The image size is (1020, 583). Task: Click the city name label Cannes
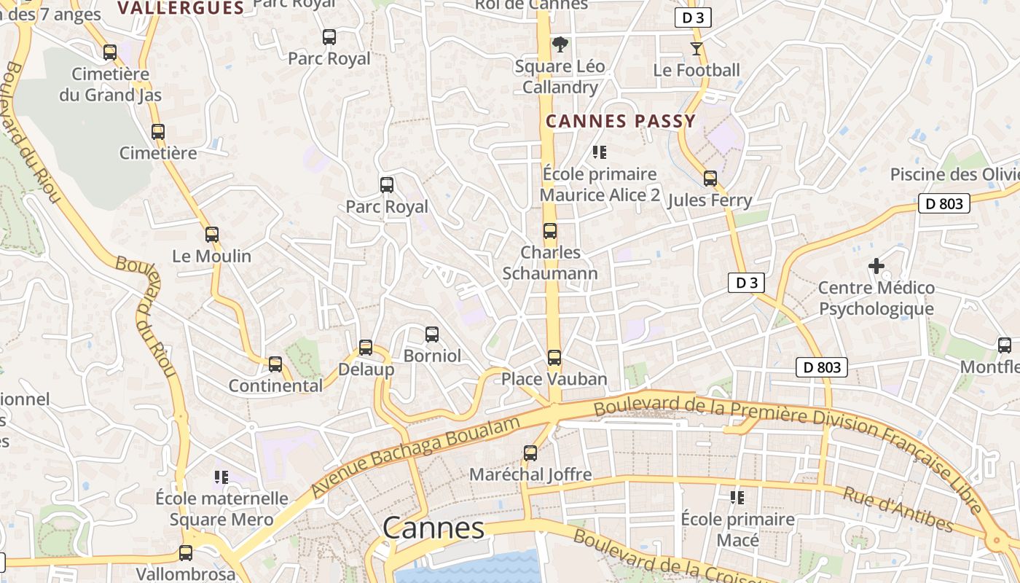click(433, 528)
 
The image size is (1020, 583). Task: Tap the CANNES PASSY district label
click(621, 122)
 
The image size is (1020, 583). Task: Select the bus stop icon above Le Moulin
click(212, 235)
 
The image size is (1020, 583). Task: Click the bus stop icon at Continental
click(275, 364)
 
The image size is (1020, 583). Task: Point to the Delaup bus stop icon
click(366, 348)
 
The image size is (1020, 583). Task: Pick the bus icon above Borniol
click(432, 334)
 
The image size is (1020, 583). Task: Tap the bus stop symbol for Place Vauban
click(554, 358)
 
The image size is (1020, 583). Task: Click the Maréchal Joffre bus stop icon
click(530, 453)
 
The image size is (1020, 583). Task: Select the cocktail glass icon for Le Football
click(697, 49)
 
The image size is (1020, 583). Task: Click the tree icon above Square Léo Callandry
click(560, 44)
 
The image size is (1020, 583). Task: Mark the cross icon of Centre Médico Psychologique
click(876, 267)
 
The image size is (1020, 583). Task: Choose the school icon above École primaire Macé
click(737, 498)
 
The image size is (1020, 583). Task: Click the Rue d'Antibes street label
click(898, 509)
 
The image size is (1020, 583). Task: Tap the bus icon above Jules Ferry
click(710, 179)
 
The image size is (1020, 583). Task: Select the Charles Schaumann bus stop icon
click(550, 231)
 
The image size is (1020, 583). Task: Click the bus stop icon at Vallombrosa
click(186, 553)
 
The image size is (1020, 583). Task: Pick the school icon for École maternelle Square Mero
click(221, 477)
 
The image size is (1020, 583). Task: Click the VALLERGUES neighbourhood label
click(180, 8)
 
